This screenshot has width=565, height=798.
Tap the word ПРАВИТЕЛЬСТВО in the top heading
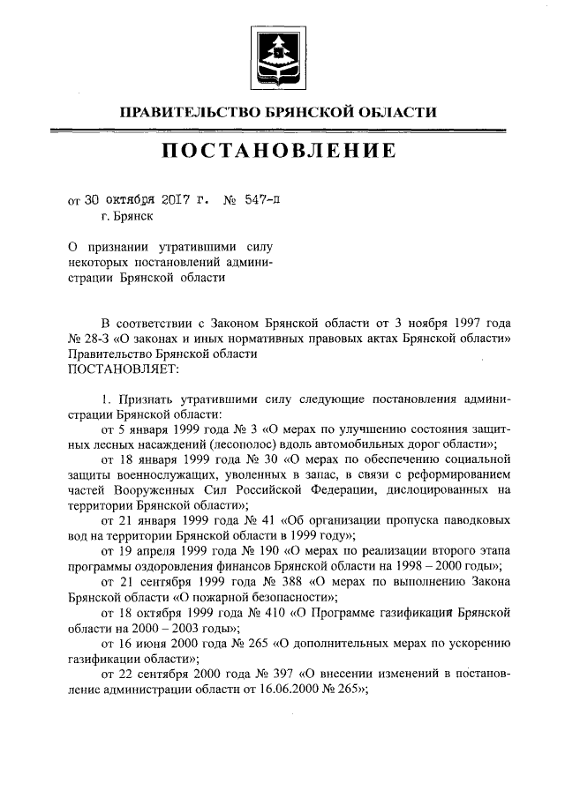[189, 111]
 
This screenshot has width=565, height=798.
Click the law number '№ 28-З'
[87, 339]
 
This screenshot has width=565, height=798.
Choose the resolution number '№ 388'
[271, 581]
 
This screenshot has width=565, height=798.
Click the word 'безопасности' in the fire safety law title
[281, 597]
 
